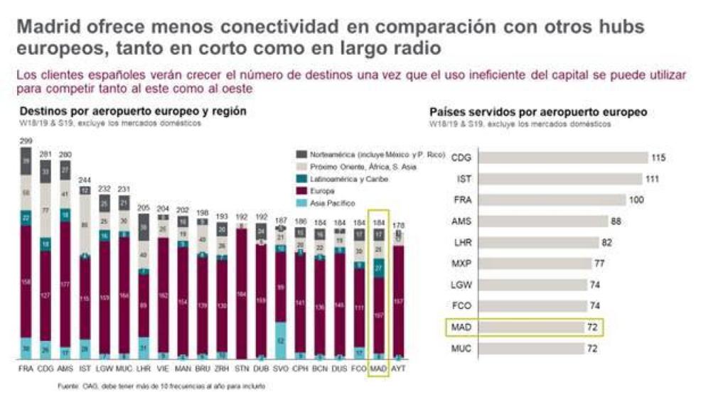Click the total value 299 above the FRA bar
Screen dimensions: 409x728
26,142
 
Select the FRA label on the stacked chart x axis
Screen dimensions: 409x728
26,369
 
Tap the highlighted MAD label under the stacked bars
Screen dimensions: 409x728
378,369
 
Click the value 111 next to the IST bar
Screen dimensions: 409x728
653,180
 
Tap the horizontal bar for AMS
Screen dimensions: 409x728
540,222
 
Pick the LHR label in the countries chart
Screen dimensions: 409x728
461,243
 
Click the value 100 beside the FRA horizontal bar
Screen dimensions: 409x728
636,200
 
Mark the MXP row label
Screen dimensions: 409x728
461,264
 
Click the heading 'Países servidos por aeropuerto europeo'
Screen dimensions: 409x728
538,112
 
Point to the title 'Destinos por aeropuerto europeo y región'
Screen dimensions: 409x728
133,111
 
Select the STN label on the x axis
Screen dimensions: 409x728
242,369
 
